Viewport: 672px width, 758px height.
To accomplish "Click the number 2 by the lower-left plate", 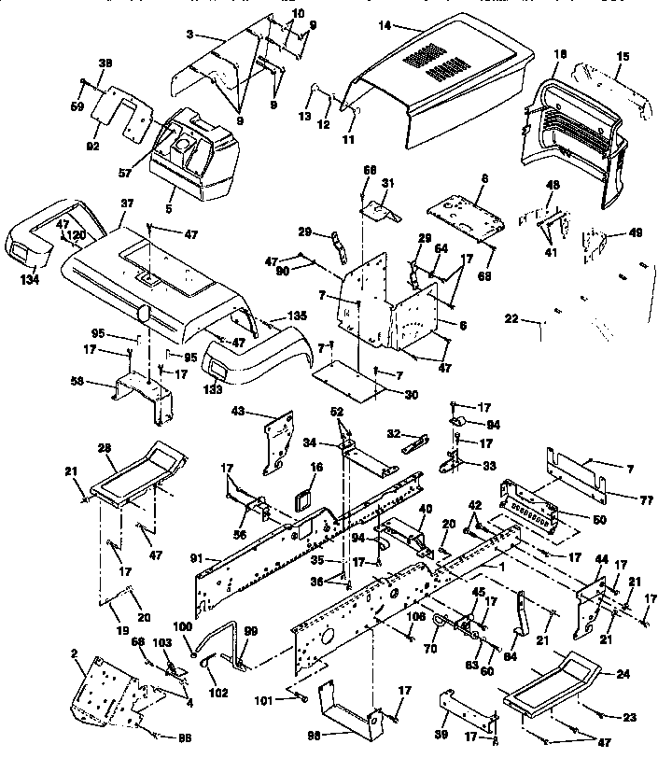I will tap(74, 653).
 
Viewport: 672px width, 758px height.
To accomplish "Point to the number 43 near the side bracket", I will tap(264, 411).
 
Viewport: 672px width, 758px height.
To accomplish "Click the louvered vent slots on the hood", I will tap(431, 64).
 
